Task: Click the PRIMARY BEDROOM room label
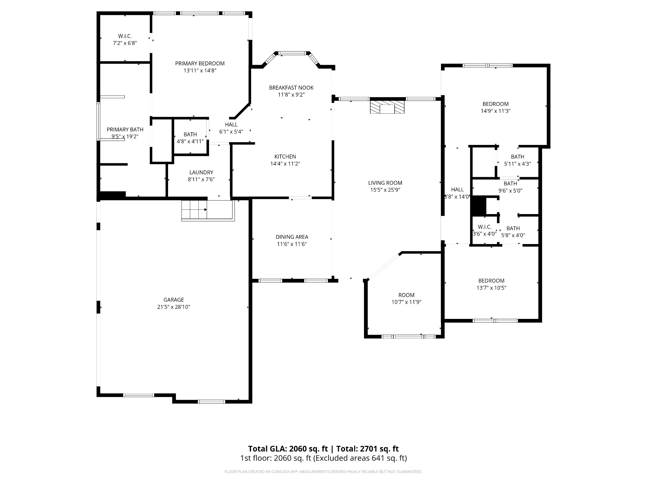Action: pos(200,63)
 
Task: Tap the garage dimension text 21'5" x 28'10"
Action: pos(173,307)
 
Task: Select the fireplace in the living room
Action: pos(387,107)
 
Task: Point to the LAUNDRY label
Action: pos(201,172)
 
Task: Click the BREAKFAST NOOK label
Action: pos(291,87)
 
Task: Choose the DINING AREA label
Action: pos(292,237)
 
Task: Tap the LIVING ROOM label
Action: pos(385,183)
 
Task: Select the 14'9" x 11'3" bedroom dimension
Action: pos(496,111)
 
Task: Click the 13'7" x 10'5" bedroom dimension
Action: pos(491,288)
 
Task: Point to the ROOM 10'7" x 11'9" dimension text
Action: pos(406,302)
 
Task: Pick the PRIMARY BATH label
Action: pos(125,129)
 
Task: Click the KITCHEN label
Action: pos(285,157)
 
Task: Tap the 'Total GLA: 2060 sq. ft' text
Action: pos(288,449)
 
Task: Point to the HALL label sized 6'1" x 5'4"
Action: pos(231,125)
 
